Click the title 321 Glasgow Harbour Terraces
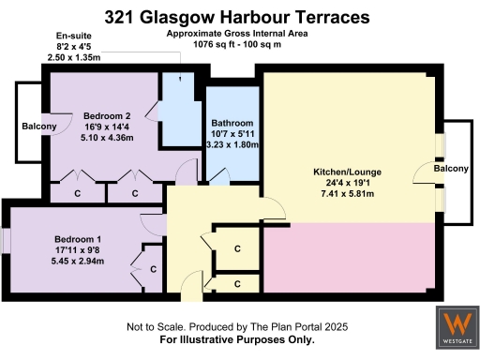tap(237, 17)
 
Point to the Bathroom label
tap(232, 123)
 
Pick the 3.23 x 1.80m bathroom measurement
tap(232, 144)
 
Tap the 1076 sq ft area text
tap(237, 43)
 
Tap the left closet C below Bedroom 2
tap(77, 193)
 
